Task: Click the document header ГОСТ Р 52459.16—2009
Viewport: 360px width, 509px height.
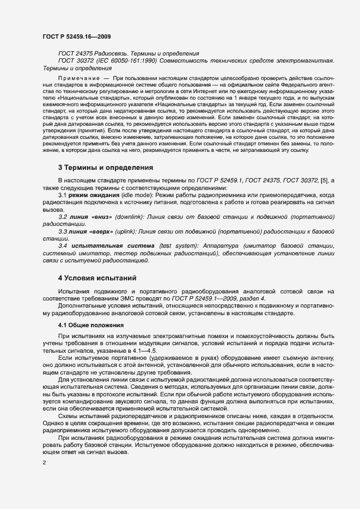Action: (78, 36)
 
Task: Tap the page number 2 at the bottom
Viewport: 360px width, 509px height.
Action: (44, 463)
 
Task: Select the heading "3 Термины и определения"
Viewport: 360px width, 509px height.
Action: (105, 167)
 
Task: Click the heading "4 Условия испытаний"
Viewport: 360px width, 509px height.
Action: (97, 278)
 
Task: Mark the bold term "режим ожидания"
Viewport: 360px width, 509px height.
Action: (87, 194)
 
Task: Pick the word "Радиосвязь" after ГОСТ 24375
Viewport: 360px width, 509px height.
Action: (112, 54)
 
